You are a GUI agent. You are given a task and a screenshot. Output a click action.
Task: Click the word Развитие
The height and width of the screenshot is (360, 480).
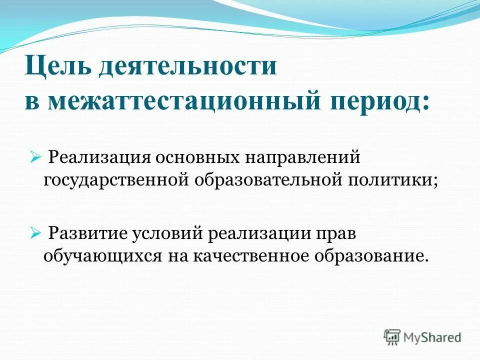pos(87,233)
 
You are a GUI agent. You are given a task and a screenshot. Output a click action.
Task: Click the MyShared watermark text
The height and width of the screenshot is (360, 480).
pos(432,338)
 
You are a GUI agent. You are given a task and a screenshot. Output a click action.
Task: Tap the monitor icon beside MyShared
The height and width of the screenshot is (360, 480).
pos(392,337)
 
